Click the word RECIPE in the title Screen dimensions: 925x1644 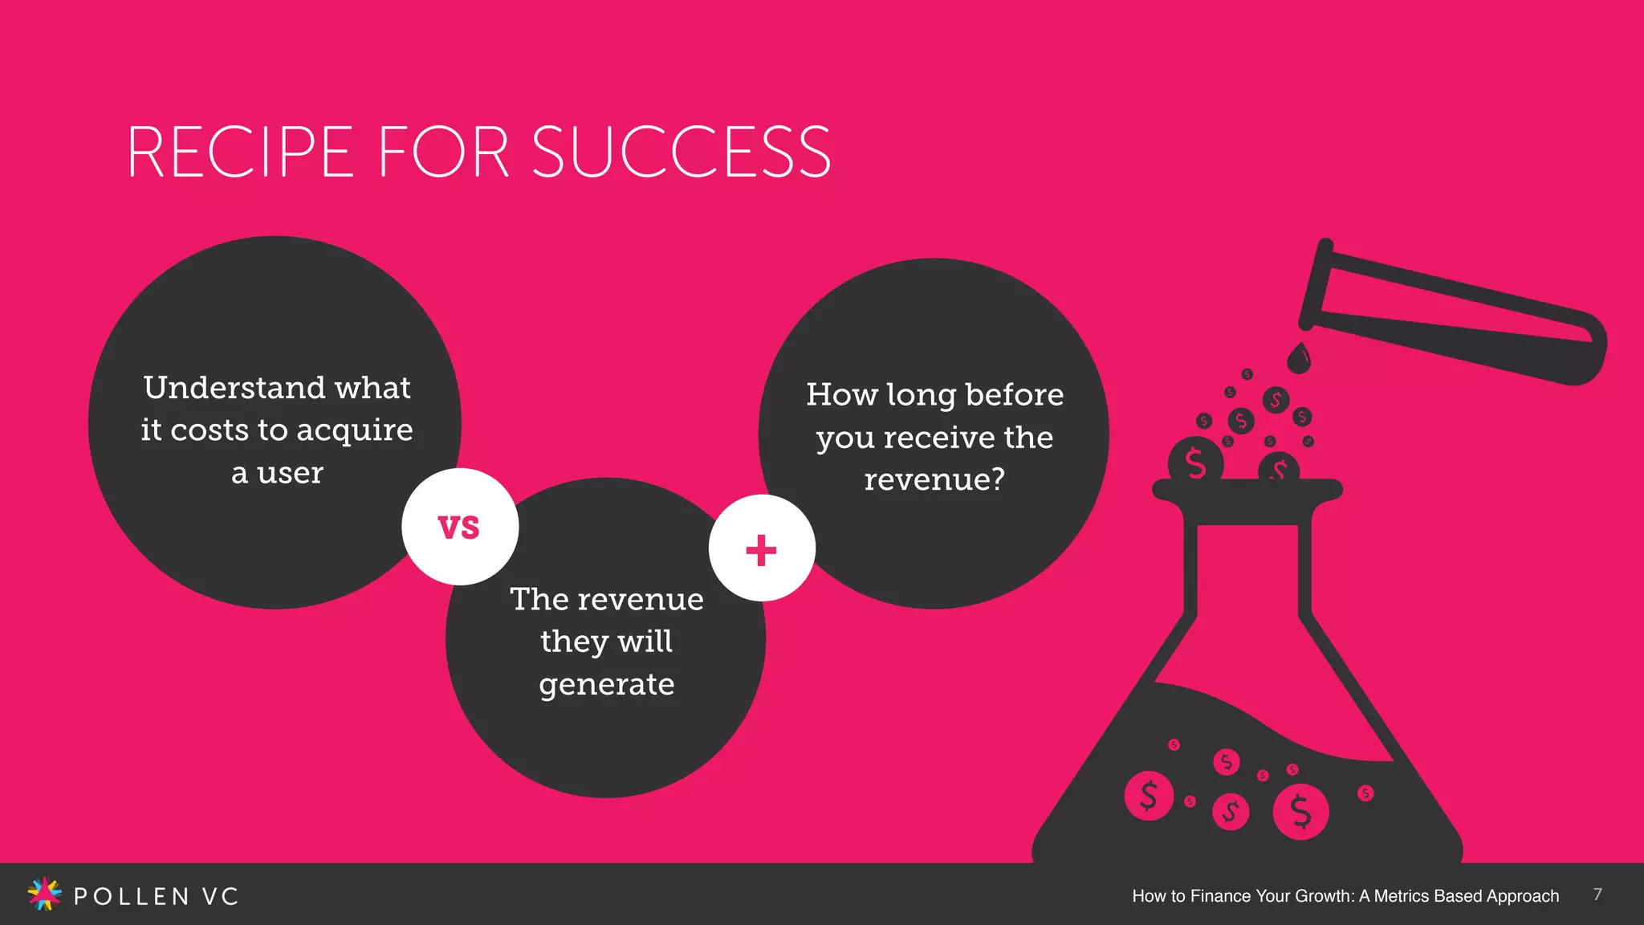click(x=240, y=152)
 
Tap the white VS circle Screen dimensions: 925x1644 click(x=460, y=527)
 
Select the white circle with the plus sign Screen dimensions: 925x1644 click(x=762, y=548)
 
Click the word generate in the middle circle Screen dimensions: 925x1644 click(x=606, y=684)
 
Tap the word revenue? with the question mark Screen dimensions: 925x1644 click(x=934, y=479)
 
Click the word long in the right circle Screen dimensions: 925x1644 click(x=922, y=395)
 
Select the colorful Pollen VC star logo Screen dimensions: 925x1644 click(x=44, y=894)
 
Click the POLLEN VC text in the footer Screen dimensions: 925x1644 click(x=157, y=896)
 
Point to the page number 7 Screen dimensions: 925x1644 click(x=1597, y=894)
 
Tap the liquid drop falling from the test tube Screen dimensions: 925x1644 click(x=1298, y=358)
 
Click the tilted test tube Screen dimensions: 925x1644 click(x=1453, y=313)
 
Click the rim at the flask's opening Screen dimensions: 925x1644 click(x=1247, y=489)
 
